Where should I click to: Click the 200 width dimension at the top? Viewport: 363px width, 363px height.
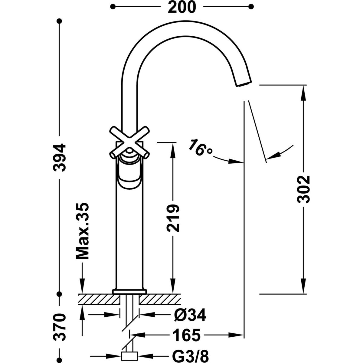182,7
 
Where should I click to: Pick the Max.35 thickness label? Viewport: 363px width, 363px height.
82,231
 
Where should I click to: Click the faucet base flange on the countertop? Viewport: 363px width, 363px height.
129,291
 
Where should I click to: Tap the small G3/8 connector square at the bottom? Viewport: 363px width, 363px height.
129,356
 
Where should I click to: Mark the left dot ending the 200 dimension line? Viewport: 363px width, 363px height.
113,6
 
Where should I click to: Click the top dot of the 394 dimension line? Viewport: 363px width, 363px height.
60,21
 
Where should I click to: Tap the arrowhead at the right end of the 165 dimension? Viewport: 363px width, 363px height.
239,335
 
